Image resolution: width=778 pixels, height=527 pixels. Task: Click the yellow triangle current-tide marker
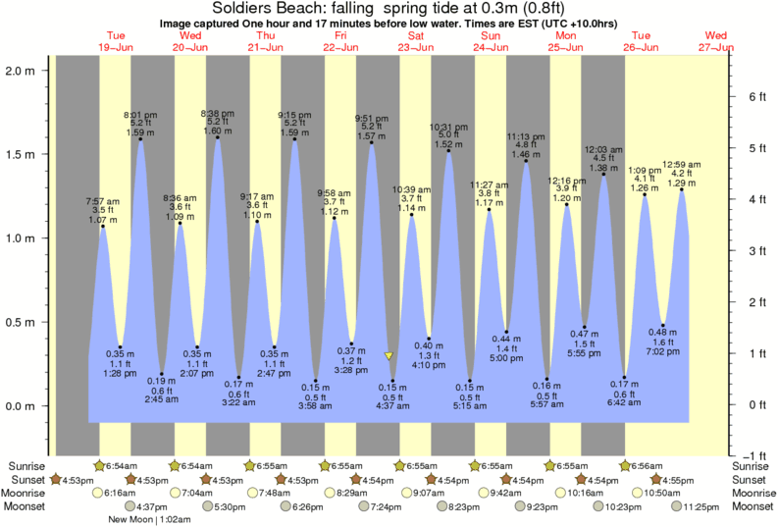coord(389,356)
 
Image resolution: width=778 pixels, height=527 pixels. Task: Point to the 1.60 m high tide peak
coord(217,137)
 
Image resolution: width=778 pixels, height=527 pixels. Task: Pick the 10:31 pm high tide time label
coord(448,127)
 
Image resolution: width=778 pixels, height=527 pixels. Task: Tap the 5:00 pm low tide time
coord(506,358)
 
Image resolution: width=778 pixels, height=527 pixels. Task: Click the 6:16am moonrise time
coord(119,493)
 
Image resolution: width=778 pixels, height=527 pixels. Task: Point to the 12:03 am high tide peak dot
coord(603,175)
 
